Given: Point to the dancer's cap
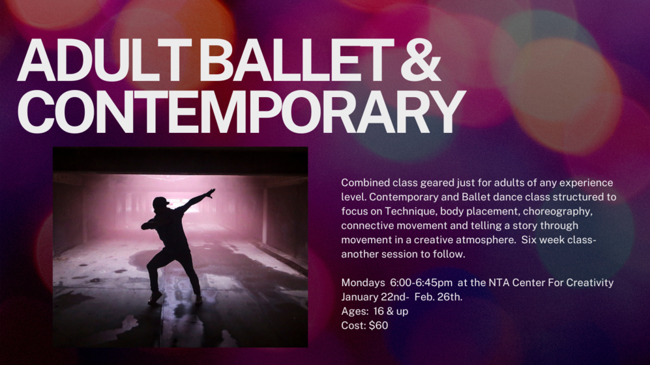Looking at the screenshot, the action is click(161, 202).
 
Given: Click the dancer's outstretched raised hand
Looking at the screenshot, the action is click(211, 193).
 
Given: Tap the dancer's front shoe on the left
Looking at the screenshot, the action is click(155, 297).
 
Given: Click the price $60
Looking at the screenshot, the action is click(379, 326).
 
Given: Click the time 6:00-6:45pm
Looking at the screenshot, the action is click(421, 283).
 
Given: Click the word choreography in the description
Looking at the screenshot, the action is click(557, 211).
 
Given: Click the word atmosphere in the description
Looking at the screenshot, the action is click(486, 240).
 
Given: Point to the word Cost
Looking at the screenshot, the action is click(353, 326).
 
